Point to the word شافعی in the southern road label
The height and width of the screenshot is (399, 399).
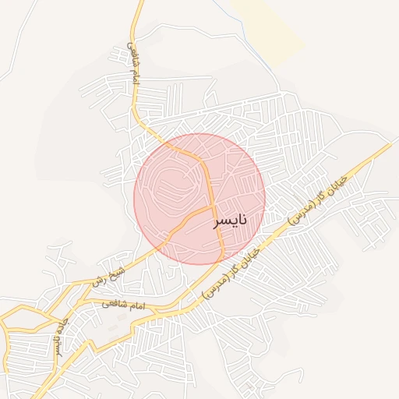(113, 303)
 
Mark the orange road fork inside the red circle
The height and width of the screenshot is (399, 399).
(212, 207)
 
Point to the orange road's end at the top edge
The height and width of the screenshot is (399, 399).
(141, 2)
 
